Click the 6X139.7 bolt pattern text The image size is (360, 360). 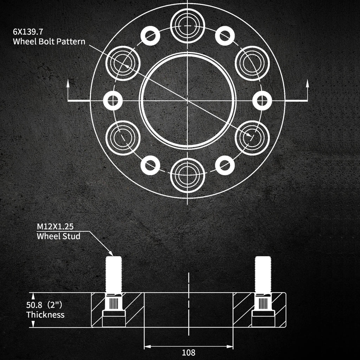coord(28,31)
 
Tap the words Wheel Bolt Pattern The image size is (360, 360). coord(49,41)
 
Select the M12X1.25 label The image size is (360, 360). coord(55,226)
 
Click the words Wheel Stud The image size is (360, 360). coord(59,236)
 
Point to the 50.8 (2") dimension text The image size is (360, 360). coord(44,305)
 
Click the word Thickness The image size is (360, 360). coord(45,315)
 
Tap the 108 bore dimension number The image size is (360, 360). coord(188,352)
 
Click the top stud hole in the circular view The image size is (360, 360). coord(188,26)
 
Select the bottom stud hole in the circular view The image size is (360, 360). coord(188,175)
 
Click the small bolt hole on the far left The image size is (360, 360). coord(113,101)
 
